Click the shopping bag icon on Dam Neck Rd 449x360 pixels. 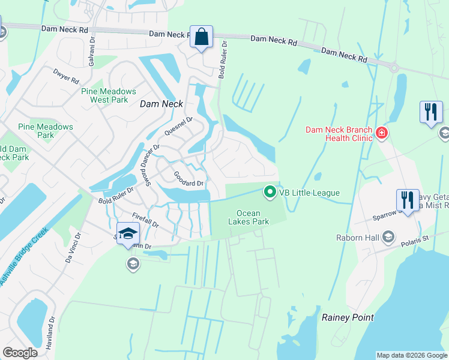(202, 37)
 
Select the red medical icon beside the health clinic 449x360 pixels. (380, 133)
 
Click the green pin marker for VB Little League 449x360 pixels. (270, 193)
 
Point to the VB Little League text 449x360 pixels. (310, 193)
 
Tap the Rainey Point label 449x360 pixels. (348, 317)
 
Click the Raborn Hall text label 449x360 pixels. (358, 238)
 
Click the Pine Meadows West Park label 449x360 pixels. (109, 95)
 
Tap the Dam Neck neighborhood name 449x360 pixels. (157, 104)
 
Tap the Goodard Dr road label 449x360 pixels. (188, 179)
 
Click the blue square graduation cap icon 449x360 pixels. (128, 233)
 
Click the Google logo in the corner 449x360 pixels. (20, 353)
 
